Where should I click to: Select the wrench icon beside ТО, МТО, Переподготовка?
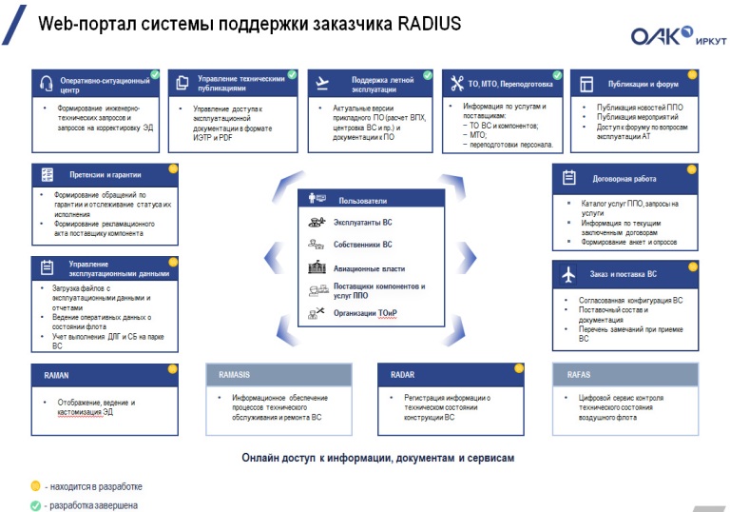(456, 83)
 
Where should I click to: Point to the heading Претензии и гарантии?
(105, 175)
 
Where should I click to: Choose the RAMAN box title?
(56, 375)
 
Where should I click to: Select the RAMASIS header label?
(234, 375)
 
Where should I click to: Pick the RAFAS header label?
(579, 375)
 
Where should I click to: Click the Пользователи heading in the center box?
(363, 201)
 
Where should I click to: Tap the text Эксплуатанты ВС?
(362, 222)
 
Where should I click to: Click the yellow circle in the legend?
(35, 485)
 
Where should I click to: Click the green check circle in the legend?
(35, 505)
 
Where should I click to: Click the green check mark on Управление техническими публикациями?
(292, 73)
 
